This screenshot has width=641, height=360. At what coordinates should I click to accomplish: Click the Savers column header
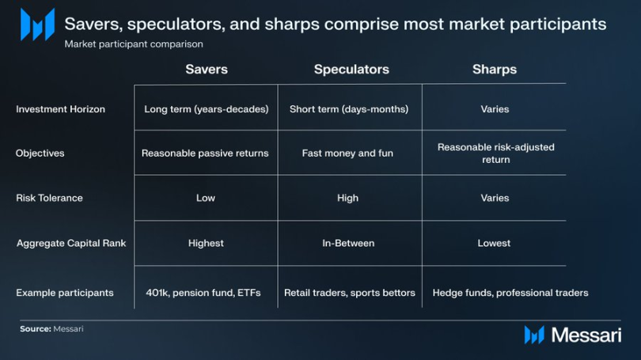coord(207,69)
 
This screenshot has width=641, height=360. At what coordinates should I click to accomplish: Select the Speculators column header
coord(351,70)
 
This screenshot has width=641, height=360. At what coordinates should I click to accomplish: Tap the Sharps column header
coord(495,70)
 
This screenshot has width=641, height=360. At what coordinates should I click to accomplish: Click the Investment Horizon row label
coord(60,109)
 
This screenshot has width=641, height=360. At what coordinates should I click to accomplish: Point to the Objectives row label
coord(40,153)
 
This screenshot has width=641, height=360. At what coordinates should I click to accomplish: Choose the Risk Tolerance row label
coord(50,198)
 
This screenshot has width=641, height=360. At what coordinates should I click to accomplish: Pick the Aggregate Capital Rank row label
coord(71,243)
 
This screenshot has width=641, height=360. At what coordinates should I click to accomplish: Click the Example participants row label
coord(65,293)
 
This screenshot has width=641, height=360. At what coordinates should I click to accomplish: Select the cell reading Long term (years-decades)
coord(207,109)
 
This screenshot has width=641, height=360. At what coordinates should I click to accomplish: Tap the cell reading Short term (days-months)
coord(349,109)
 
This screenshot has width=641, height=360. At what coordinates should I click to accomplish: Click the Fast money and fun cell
coord(347,153)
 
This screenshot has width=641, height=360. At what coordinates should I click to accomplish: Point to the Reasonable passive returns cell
coord(205,153)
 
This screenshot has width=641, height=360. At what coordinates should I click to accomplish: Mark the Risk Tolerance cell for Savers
coord(206,198)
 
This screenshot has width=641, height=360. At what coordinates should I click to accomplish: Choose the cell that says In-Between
coord(348,243)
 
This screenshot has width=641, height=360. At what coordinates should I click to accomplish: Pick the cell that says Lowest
coord(494,243)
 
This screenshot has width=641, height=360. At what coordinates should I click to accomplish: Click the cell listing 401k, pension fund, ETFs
coord(203,293)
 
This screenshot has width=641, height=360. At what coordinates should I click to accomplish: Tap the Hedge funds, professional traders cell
coord(510,293)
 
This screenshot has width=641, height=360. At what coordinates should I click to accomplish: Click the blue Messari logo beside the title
coord(38,25)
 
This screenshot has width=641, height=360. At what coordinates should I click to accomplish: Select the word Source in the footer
coord(35,329)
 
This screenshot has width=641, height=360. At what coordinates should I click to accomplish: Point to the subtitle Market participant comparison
coord(134,44)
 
